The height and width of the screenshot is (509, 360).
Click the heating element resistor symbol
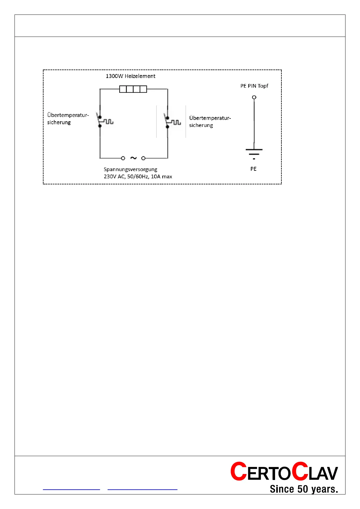(133, 89)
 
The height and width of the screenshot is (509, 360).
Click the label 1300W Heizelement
(130, 76)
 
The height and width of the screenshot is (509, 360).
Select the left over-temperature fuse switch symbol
(103, 121)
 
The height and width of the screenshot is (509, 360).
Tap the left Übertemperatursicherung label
(68, 118)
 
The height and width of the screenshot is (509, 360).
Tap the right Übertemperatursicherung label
(210, 122)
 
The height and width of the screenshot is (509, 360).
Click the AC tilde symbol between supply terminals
(133, 158)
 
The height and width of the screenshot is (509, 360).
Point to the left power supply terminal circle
(123, 158)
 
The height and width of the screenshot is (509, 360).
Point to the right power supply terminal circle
(144, 158)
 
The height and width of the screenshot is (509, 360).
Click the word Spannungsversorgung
(130, 169)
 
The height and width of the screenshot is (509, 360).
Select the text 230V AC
(114, 177)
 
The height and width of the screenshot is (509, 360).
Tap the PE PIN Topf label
(254, 86)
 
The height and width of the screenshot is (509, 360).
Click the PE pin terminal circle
(254, 97)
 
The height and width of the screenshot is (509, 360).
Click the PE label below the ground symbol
(253, 169)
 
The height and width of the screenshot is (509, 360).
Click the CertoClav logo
(284, 472)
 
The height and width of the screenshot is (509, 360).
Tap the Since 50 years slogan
(303, 489)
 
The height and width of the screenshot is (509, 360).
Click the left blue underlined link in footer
(71, 489)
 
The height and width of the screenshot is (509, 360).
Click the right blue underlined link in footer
(142, 489)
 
